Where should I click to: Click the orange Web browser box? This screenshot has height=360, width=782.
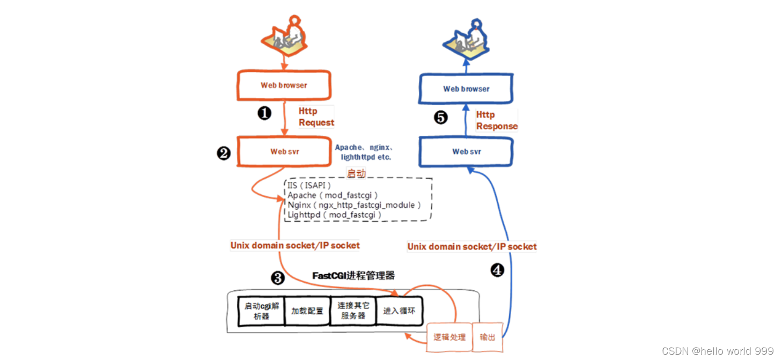click(x=284, y=85)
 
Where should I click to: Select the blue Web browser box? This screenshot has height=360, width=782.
click(x=466, y=89)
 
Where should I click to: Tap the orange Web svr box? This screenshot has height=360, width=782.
click(x=284, y=151)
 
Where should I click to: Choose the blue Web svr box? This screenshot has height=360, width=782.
click(x=466, y=151)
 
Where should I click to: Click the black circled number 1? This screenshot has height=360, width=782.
click(x=264, y=113)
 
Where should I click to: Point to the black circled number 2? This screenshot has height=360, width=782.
click(x=224, y=153)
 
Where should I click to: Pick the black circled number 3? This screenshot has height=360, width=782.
click(x=277, y=278)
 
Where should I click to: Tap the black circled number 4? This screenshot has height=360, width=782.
click(x=498, y=271)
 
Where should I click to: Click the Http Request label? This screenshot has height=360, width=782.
click(x=316, y=117)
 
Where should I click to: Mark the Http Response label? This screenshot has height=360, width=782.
click(x=497, y=120)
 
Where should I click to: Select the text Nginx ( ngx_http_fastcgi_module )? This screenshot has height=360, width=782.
click(x=354, y=205)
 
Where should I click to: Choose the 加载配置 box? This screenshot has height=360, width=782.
click(x=307, y=311)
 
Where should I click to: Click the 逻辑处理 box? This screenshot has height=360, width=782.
click(x=449, y=337)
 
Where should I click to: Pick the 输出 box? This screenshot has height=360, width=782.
click(x=488, y=337)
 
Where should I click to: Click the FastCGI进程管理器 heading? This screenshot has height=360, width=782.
click(x=353, y=276)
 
